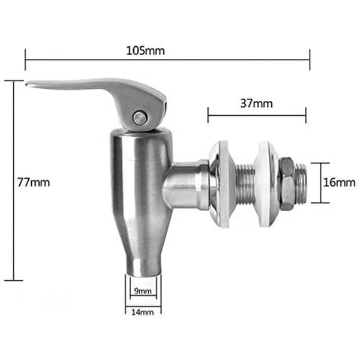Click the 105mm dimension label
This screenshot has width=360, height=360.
tap(146, 51)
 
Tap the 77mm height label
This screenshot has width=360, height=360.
tap(34, 182)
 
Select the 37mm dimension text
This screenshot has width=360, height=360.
tap(256, 103)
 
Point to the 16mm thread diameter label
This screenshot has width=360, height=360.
tap(340, 182)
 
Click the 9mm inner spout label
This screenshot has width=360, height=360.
tap(143, 291)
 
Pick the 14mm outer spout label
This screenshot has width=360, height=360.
tap(143, 312)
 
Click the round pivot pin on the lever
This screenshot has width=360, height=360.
tap(140, 118)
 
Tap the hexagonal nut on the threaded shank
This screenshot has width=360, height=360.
tap(286, 184)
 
